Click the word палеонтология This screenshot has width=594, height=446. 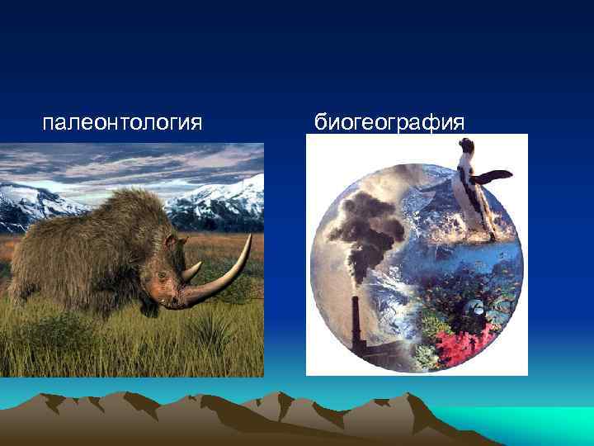pos(122,124)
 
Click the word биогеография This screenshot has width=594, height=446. pos(389,124)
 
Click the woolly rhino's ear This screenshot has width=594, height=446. pos(171,240)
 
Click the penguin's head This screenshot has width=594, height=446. pos(467,149)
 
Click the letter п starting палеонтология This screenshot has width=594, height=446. pos(48,125)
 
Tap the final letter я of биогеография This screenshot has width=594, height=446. pos(460,125)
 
